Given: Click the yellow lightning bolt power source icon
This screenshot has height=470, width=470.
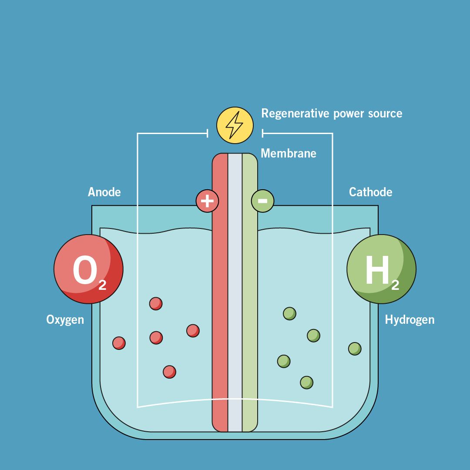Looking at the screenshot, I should [235, 125].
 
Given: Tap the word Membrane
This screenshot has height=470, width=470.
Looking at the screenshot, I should [288, 153].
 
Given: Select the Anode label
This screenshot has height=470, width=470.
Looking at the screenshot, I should [104, 192].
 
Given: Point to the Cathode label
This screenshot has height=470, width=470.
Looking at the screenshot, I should [370, 192].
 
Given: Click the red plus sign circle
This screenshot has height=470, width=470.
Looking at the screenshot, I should [207, 201].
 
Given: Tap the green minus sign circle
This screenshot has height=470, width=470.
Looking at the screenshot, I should [262, 201].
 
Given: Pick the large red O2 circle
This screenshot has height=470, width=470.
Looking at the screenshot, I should [88, 269].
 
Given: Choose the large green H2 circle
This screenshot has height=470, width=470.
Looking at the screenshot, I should [381, 269].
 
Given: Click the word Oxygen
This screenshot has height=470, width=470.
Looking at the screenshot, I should [65, 320].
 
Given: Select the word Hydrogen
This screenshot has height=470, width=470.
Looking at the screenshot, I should [410, 320].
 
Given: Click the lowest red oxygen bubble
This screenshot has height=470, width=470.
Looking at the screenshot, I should [169, 372].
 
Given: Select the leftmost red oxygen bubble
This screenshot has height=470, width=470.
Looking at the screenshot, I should [119, 343].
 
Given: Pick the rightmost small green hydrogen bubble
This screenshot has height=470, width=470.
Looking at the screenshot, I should [355, 349].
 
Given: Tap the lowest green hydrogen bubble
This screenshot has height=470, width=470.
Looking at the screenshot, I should [306, 382].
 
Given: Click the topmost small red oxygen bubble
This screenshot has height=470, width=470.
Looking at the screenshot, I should [156, 303].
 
